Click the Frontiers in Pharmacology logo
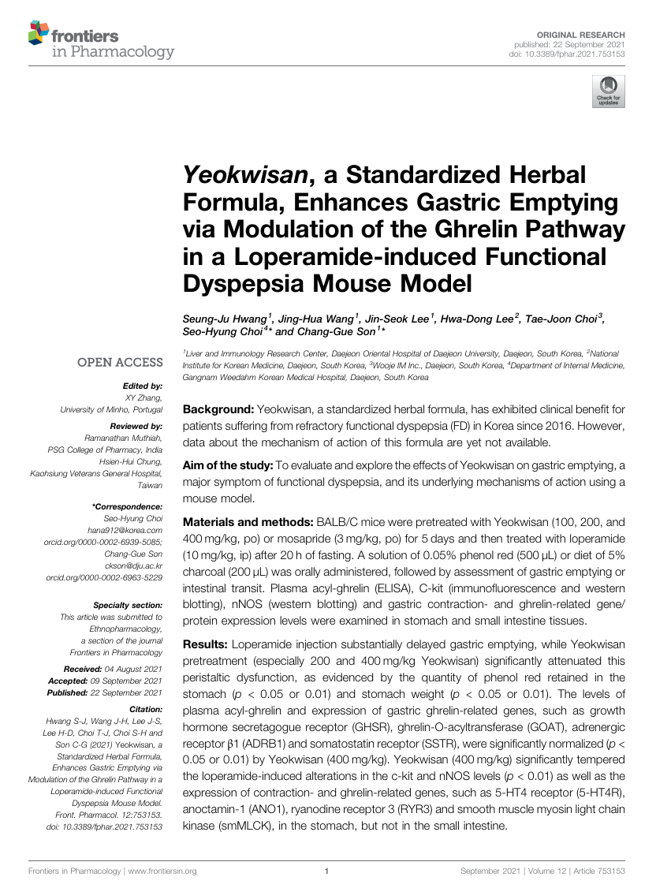[101, 41]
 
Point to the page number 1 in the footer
[326, 871]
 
